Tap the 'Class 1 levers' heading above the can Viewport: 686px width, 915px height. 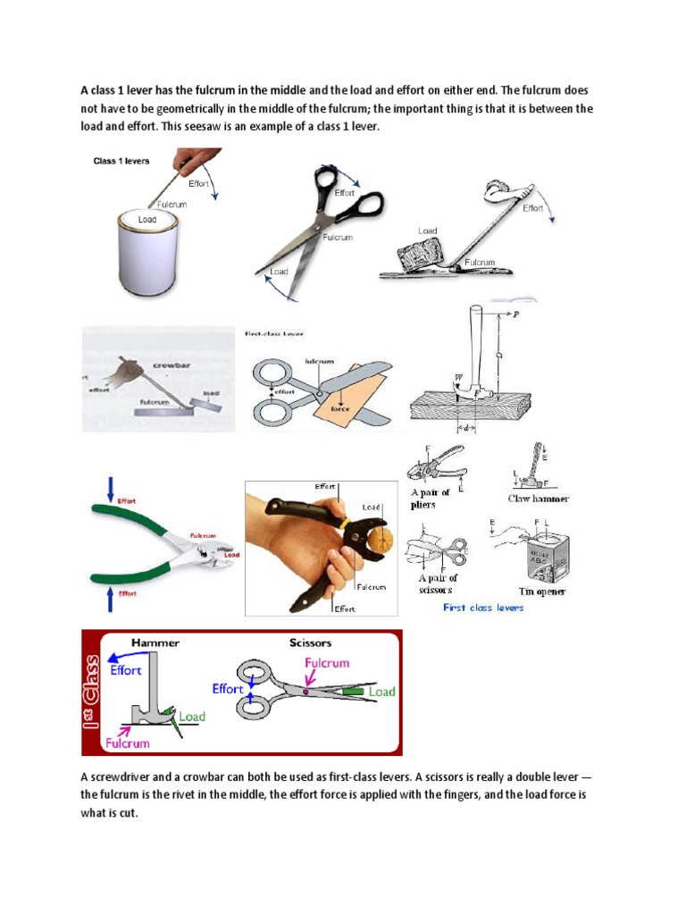click(x=122, y=162)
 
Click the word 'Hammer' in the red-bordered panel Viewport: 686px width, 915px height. click(x=155, y=642)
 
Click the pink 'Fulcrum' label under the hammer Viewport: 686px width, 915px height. click(x=126, y=742)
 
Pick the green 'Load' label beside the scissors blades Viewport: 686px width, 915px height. click(x=381, y=692)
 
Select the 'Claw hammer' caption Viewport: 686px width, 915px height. click(x=539, y=498)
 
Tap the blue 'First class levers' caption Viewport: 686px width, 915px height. click(x=483, y=608)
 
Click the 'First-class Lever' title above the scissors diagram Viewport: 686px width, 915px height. click(x=275, y=333)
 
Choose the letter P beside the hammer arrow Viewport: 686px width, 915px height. click(x=515, y=316)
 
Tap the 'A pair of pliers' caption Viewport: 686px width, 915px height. click(x=431, y=499)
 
